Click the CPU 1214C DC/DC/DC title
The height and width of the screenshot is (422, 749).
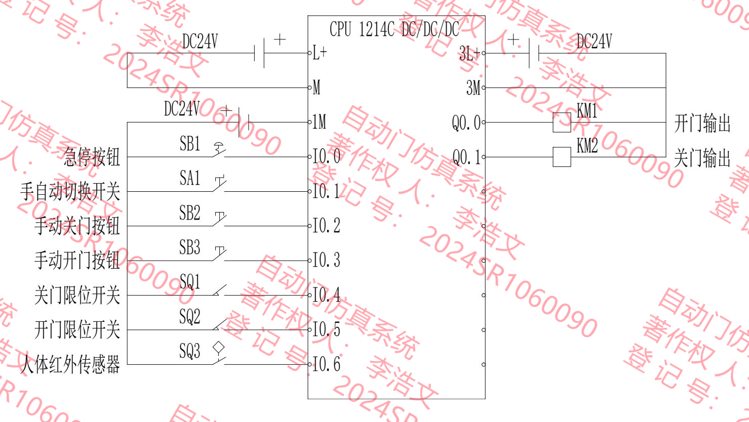pos(394,29)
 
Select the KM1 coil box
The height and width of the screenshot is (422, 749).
pos(561,122)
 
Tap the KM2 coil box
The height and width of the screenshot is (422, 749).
pos(561,157)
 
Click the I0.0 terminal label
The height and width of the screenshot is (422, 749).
pos(326,156)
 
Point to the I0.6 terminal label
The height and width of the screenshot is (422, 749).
pos(326,364)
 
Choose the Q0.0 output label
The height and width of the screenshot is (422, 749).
pos(466,122)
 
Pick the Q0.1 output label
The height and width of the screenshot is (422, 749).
pos(466,157)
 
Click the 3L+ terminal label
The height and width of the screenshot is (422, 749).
pos(469,53)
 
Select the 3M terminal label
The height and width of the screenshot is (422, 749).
pos(473,88)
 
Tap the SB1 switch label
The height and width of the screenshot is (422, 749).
pos(190,144)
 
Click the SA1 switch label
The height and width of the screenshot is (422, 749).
pos(190,178)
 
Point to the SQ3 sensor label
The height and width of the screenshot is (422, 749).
pos(190,351)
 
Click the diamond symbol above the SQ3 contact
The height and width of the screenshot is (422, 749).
pos(219,347)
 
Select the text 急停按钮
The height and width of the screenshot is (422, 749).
pos(92,157)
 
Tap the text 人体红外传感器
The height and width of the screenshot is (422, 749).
pos(70,364)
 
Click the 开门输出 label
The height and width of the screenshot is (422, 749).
pos(702,123)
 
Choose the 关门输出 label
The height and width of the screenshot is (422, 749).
pos(702,158)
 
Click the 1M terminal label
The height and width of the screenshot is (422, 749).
pos(319,122)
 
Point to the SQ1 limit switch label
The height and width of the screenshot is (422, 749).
pos(190,282)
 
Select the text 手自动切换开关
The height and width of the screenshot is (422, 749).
pos(70,192)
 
